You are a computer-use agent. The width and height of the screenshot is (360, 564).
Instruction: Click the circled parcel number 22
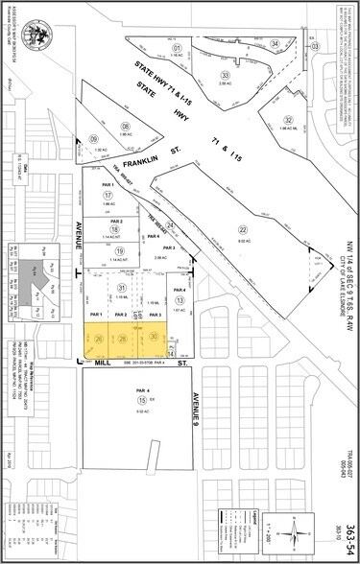click(243, 202)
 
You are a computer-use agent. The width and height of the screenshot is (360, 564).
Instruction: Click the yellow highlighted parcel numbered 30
click(154, 337)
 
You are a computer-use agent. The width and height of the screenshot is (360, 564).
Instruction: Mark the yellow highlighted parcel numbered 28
click(124, 337)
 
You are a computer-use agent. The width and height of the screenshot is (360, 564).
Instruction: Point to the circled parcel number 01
click(177, 47)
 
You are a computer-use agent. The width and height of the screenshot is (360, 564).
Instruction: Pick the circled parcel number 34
click(275, 44)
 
